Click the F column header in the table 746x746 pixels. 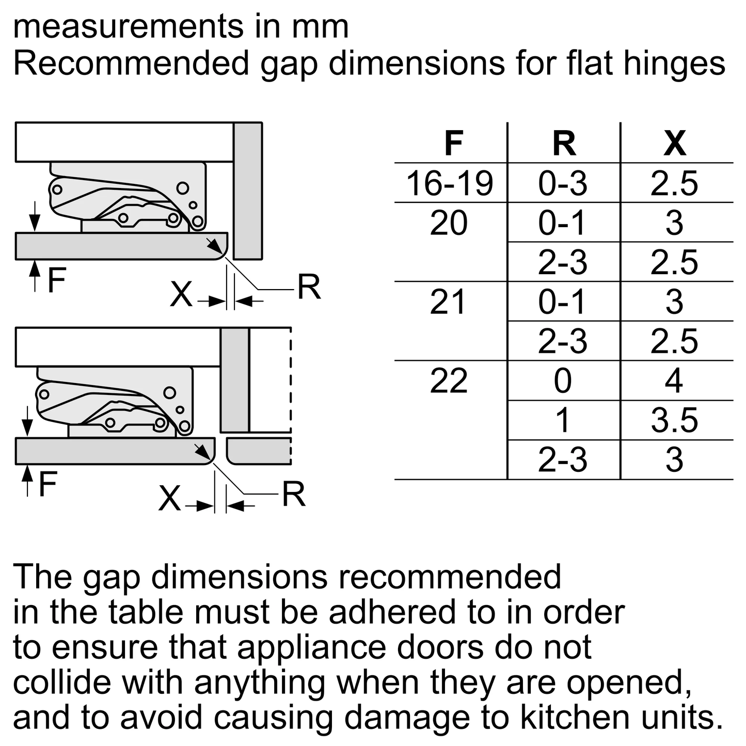(454, 143)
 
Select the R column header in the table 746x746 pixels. (564, 143)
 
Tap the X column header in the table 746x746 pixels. (675, 143)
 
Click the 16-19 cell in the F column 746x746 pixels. (450, 183)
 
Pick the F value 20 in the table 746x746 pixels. (449, 223)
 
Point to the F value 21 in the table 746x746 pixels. (448, 301)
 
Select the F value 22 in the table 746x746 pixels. (449, 381)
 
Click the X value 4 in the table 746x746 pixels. (674, 381)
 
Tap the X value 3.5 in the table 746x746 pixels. (675, 420)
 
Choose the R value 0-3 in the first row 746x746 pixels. (563, 183)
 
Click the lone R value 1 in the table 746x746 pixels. (562, 420)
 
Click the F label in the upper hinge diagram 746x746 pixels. (57, 279)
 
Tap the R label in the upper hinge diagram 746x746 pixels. (309, 287)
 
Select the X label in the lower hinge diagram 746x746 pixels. (169, 498)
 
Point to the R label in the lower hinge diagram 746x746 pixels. (294, 494)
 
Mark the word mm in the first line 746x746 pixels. (321, 27)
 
